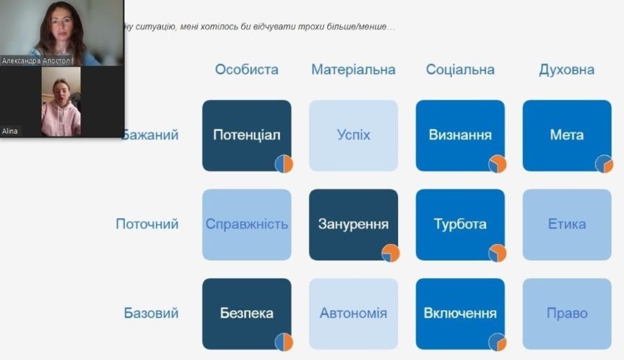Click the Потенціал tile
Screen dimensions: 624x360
coord(247,135)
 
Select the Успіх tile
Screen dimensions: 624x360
coord(354,135)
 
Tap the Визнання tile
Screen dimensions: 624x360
coord(460,135)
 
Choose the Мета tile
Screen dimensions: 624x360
coord(566,135)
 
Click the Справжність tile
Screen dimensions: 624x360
coord(247,225)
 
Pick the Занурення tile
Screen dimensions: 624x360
coord(354,225)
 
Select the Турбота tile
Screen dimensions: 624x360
coord(460,225)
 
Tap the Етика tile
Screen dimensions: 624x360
coord(566,225)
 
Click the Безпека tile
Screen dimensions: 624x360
coord(247,314)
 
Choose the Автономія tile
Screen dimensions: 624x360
coord(354,314)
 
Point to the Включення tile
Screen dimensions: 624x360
coord(460,314)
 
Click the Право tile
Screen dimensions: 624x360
coord(566,314)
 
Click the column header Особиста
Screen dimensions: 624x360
coord(247,69)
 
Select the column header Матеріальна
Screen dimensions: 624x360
coord(354,69)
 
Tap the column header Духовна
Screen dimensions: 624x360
coord(566,69)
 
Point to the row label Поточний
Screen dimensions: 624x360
coord(147,224)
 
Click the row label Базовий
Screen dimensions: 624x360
coord(151,313)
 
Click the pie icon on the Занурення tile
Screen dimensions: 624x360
coord(390,253)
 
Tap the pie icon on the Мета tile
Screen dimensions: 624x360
coord(604,164)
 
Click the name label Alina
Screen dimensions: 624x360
coord(10,131)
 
